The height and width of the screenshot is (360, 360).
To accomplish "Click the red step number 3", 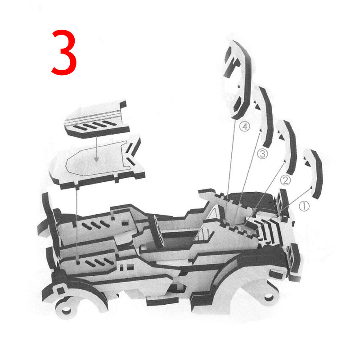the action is (64, 52).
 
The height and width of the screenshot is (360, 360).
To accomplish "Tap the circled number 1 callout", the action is (304, 206).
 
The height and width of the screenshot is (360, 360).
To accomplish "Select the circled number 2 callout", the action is (285, 180).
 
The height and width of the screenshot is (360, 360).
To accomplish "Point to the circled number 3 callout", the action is (262, 153).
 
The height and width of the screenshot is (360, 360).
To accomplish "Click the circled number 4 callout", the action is (244, 126).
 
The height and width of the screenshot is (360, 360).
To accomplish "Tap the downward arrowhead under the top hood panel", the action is (96, 160).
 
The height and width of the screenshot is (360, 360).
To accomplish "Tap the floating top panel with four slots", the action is (96, 119).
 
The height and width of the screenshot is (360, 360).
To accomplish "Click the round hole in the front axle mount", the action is (66, 311).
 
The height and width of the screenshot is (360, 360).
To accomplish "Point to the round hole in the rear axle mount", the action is (269, 298).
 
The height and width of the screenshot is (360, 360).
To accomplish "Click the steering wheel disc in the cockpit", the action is (157, 231).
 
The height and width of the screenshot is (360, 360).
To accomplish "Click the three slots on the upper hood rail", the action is (96, 225).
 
